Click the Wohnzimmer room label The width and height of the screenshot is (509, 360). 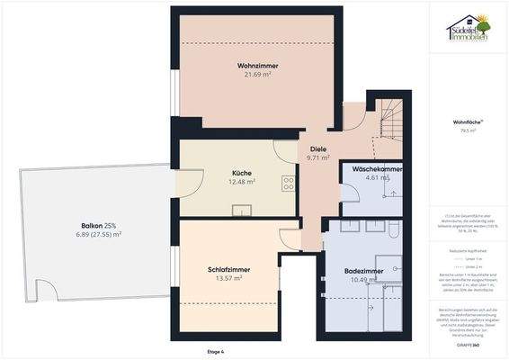tap(257, 66)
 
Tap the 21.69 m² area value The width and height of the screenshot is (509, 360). tap(257, 75)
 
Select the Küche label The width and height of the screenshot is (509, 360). tap(240, 173)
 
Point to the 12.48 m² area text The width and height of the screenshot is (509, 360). tap(241, 182)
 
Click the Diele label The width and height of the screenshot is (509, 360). tap(318, 148)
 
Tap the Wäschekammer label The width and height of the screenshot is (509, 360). tap(377, 169)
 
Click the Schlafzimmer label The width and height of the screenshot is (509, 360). tap(228, 269)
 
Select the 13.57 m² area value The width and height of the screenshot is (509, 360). tap(228, 278)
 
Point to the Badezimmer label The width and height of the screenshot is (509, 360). tap(364, 271)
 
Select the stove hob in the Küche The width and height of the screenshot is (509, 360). tap(289, 183)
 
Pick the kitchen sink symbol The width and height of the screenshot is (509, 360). tap(241, 211)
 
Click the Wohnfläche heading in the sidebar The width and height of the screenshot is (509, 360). tap(467, 121)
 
